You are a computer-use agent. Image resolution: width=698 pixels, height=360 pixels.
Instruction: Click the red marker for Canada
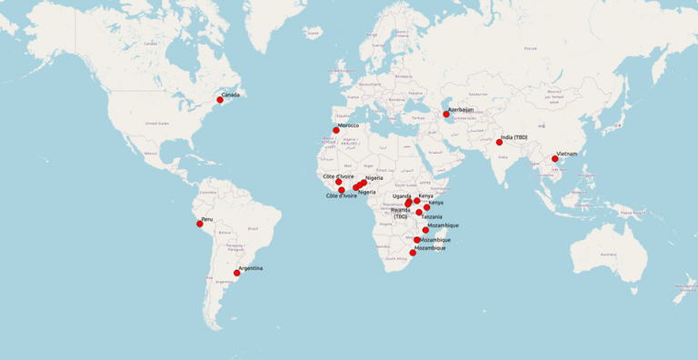219,99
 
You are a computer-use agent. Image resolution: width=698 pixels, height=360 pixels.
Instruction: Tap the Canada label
231,95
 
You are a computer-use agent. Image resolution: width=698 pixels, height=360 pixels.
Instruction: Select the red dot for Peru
199,224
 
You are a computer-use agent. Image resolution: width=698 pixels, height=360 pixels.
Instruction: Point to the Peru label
207,219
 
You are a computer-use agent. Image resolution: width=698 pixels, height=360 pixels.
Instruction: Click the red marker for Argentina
236,273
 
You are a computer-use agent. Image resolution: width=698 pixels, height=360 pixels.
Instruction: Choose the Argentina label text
251,268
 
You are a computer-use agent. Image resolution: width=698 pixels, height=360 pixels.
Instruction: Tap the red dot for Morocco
336,130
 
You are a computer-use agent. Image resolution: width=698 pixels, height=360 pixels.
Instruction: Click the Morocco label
349,125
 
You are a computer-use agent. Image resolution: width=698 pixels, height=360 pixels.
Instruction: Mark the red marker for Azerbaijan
446,114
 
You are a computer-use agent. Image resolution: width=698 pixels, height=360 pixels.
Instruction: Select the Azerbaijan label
461,109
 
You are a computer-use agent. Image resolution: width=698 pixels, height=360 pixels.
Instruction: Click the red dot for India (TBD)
499,142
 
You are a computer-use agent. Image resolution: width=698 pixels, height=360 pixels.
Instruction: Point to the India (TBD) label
514,137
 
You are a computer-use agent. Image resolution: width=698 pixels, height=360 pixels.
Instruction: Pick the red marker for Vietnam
554,159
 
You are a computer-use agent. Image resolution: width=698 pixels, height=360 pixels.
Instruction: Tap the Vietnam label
568,155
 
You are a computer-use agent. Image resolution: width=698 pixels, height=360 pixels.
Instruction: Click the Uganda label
402,196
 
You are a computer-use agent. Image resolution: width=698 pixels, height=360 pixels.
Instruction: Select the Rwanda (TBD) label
401,213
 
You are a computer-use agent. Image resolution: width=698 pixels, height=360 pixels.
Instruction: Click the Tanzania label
432,216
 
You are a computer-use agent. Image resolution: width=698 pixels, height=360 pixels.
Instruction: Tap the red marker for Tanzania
419,213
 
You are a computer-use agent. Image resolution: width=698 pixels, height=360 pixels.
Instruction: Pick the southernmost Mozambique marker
413,253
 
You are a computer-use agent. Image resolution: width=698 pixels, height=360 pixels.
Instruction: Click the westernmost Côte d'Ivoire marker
338,182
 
